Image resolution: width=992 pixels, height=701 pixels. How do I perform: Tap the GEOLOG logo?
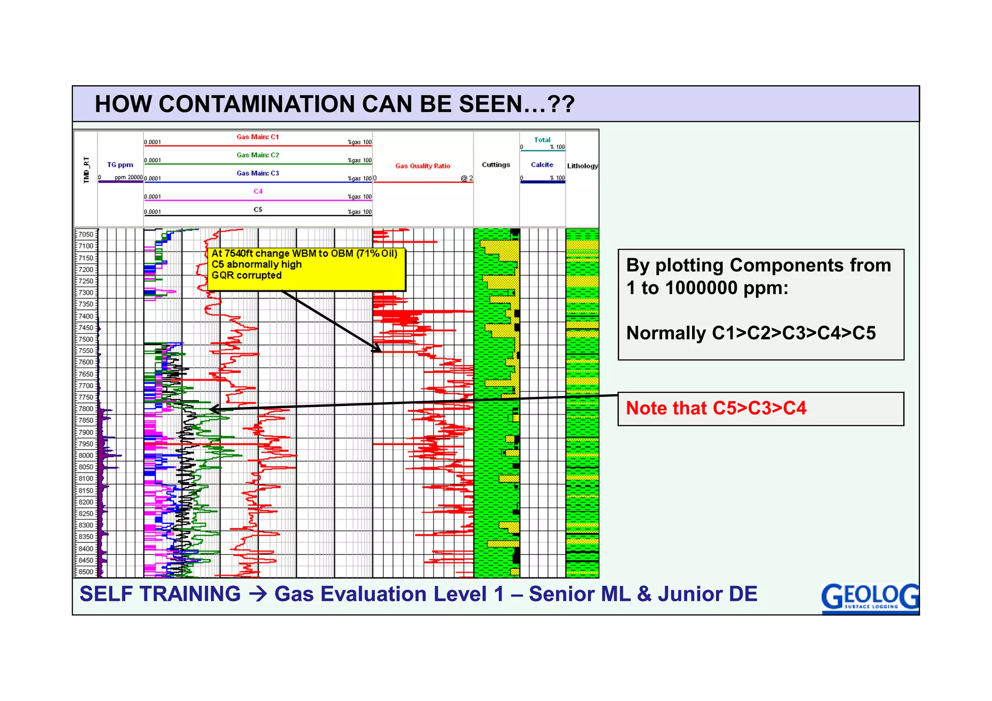tap(869, 597)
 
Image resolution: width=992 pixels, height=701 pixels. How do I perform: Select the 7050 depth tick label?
tap(86, 234)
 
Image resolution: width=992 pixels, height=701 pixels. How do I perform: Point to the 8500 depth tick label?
tap(86, 572)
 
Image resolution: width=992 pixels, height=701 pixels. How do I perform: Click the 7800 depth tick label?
tap(86, 409)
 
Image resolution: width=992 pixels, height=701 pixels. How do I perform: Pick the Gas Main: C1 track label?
tap(258, 137)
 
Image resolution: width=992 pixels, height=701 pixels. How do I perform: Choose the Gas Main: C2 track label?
tap(258, 155)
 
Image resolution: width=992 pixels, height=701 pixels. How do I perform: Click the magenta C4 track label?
tap(258, 191)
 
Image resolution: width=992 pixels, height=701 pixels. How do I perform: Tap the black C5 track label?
tap(258, 210)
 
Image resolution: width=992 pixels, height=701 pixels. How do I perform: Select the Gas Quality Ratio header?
tap(422, 166)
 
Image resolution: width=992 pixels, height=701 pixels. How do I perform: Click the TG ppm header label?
tap(120, 165)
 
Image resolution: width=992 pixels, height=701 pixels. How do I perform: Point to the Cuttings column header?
tap(496, 165)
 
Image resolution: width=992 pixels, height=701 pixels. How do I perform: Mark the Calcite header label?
tap(542, 165)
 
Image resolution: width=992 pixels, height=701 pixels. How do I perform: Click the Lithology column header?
tap(582, 166)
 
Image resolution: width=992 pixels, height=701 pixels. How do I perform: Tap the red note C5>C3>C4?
tap(716, 408)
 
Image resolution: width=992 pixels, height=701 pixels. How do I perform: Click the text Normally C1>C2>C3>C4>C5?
tap(751, 333)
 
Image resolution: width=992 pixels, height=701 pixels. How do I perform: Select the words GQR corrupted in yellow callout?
tap(247, 275)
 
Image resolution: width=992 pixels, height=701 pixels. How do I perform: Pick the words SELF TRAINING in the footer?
tap(160, 594)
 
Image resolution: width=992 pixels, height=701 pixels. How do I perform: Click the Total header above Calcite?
tap(542, 140)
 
